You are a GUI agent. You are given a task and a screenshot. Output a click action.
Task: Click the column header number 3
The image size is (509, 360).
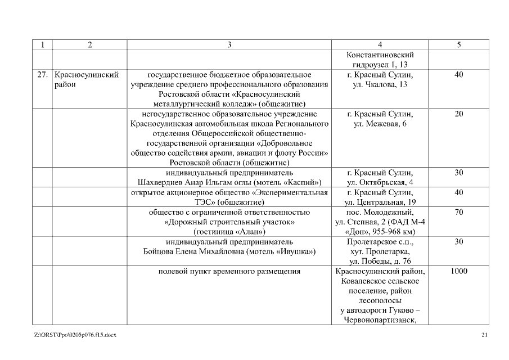tap(229, 45)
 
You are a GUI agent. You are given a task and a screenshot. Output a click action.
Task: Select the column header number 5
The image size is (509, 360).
tap(458, 45)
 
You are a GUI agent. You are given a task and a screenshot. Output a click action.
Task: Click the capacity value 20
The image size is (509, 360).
tap(458, 114)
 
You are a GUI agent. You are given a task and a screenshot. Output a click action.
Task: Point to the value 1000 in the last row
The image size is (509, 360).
tap(458, 272)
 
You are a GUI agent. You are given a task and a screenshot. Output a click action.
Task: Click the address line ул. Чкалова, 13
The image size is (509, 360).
tap(380, 84)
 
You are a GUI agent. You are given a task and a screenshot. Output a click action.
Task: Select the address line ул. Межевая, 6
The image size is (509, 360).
tap(380, 124)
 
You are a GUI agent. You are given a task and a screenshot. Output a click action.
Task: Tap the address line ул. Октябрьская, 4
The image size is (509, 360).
tap(380, 182)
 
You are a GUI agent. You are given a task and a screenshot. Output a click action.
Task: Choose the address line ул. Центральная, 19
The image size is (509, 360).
tap(380, 202)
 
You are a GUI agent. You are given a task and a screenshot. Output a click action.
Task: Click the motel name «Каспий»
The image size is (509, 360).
tap(304, 182)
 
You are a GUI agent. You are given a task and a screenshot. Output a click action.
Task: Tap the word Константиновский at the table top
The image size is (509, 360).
tap(380, 55)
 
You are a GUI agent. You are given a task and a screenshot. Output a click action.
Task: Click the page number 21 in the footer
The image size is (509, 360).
tap(485, 336)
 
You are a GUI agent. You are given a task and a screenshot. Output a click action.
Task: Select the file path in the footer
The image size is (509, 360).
tap(75, 336)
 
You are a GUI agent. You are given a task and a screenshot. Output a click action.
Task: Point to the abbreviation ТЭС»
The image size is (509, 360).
tap(142, 202)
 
